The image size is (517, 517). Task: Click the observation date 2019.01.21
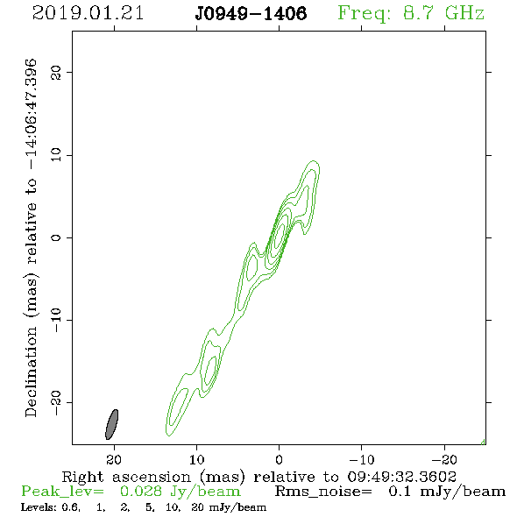point(88,13)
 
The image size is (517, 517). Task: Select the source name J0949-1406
point(251,13)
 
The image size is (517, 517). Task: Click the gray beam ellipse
point(111,424)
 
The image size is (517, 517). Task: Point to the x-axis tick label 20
point(114,459)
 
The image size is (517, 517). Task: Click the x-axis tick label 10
point(196,459)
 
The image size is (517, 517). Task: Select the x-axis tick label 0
point(279,459)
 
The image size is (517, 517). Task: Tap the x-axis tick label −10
point(362,459)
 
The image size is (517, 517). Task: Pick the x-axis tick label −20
point(444,459)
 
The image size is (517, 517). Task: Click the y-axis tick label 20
point(56,72)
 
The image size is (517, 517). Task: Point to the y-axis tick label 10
point(56,155)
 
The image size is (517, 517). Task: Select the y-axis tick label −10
point(56,320)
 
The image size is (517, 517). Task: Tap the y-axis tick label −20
point(56,402)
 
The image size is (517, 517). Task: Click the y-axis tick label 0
point(56,237)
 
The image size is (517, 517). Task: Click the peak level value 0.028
point(141,491)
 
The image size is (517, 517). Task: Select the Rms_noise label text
point(323,492)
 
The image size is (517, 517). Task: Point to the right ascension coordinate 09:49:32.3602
point(401,477)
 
